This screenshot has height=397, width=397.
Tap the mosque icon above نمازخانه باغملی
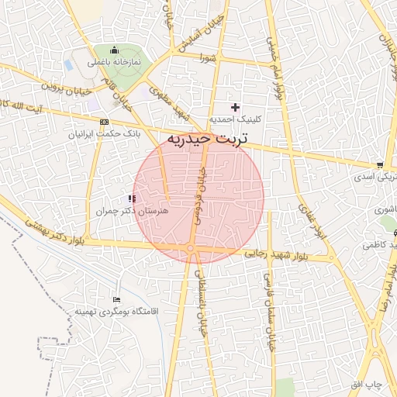coord(115,50)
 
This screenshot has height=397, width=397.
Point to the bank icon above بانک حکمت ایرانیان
coord(105,122)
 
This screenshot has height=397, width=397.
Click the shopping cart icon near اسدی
coord(379,165)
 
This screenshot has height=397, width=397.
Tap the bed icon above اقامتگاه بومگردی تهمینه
coord(117,299)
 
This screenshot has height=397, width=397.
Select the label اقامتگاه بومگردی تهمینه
coord(116,311)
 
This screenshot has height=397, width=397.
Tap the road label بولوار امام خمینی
coord(277,74)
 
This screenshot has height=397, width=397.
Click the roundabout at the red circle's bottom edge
coord(191,249)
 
